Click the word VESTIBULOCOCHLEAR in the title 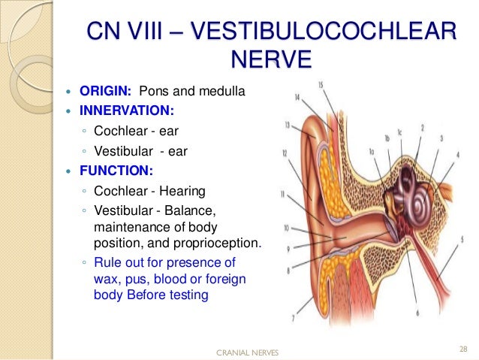(324, 32)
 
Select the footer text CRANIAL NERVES (246, 351)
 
